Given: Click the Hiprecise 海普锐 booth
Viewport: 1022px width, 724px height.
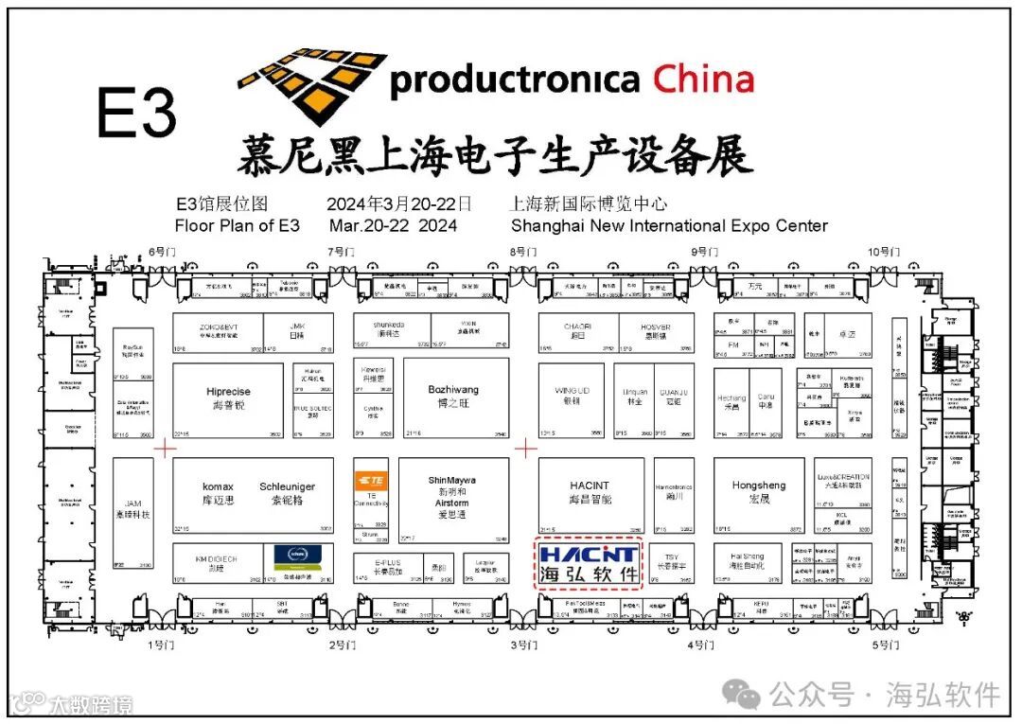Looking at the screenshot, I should pos(228,398).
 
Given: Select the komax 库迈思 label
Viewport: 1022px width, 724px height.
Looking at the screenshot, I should pos(218,493).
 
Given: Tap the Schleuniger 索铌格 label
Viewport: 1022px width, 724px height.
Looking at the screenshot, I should pos(287,493).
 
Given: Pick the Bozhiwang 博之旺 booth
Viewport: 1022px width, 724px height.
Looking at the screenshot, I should pos(454,397).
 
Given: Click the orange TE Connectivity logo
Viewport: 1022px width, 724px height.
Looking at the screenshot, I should pos(371,480).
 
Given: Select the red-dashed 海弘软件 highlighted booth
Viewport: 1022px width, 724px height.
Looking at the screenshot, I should pos(589,564).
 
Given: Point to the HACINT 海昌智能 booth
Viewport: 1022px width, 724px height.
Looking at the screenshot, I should pos(590,492).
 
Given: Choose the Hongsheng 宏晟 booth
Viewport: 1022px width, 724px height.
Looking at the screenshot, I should pos(759,492).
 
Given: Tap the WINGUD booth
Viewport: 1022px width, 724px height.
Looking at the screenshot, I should pos(572,396).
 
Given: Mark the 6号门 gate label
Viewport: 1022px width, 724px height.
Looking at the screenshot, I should pos(162,252).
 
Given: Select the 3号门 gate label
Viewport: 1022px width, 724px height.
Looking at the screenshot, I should pos(524,645).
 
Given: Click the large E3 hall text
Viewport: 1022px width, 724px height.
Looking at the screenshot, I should pos(137,115).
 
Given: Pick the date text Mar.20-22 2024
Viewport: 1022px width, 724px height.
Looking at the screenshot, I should pos(393,226).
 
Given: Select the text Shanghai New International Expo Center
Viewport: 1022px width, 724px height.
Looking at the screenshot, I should pos(669,226).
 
